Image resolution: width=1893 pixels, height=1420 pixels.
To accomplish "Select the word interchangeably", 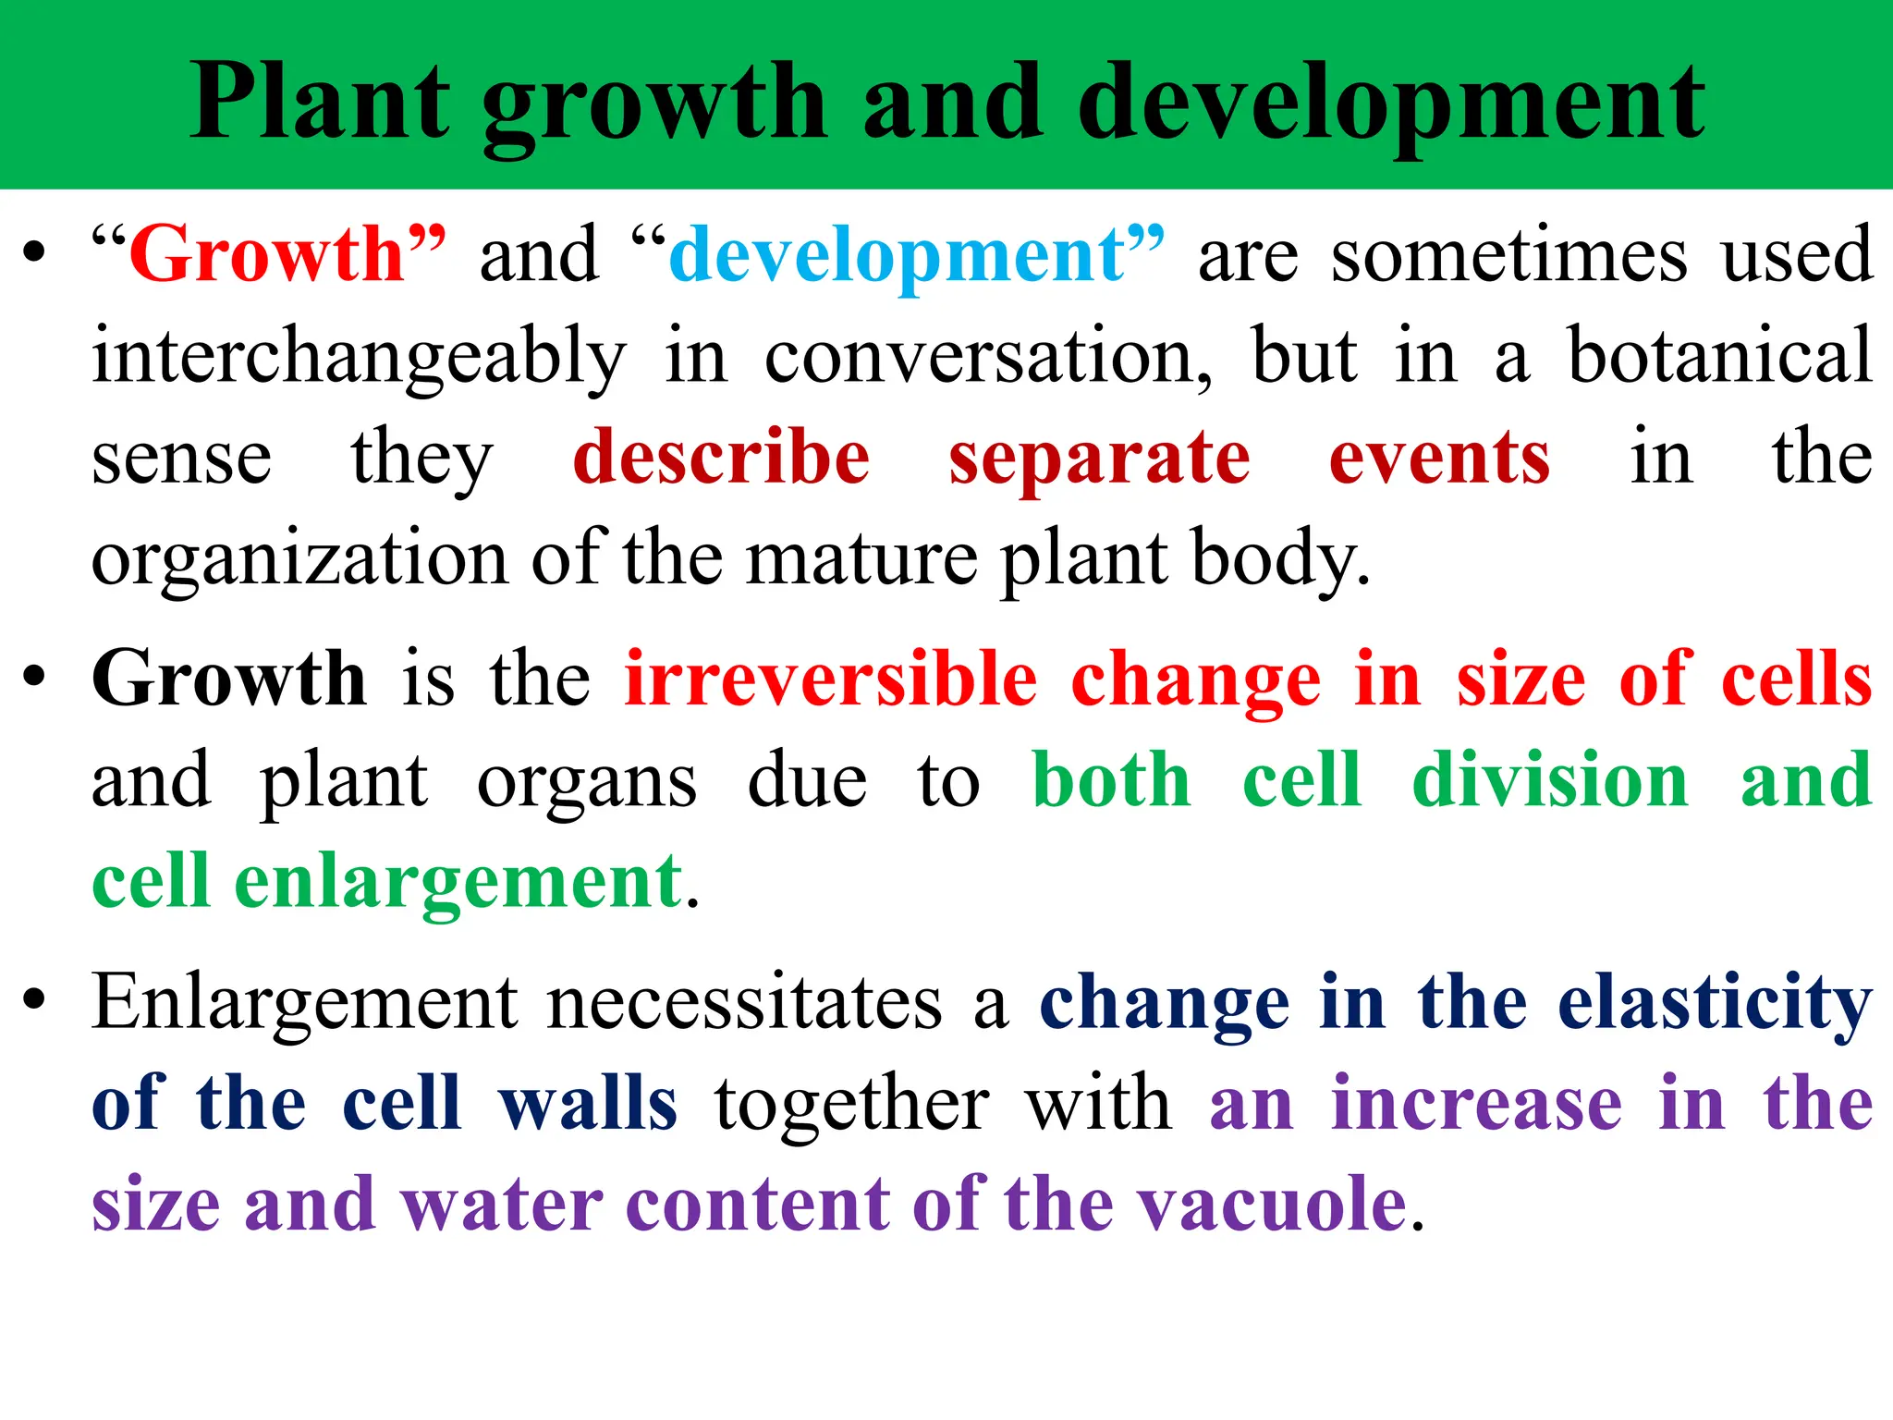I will click(359, 358).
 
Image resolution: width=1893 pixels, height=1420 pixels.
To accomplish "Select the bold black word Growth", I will click(229, 679).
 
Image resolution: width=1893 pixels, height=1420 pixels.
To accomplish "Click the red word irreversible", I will click(831, 679).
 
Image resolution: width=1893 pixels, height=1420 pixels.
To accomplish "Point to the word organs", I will click(587, 781).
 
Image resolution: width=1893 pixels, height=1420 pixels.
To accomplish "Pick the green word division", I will click(1550, 780).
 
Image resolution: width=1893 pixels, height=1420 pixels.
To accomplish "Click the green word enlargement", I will click(458, 883).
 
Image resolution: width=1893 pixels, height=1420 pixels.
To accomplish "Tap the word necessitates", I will click(744, 1002).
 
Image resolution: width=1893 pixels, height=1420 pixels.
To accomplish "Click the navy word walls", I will click(588, 1104).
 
